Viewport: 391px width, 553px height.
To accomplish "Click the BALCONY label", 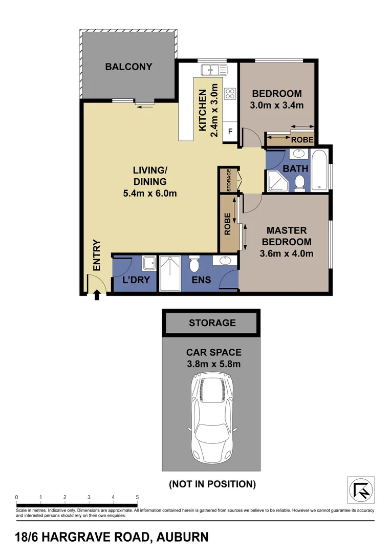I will [x=128, y=67].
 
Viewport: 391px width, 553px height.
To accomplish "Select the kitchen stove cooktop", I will [x=230, y=94].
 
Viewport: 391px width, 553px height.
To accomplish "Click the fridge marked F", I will [x=230, y=132].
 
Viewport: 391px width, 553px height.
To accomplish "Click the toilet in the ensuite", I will [x=193, y=265].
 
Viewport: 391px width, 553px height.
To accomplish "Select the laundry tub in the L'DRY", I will [x=148, y=264].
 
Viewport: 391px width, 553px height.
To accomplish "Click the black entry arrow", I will [x=97, y=294].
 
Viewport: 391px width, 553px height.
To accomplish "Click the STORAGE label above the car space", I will [x=212, y=323].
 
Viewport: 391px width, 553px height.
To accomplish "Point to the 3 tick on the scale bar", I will [x=89, y=497].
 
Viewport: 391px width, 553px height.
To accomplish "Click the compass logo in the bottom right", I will [x=361, y=490].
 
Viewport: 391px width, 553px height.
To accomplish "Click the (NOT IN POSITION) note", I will [x=212, y=483].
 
